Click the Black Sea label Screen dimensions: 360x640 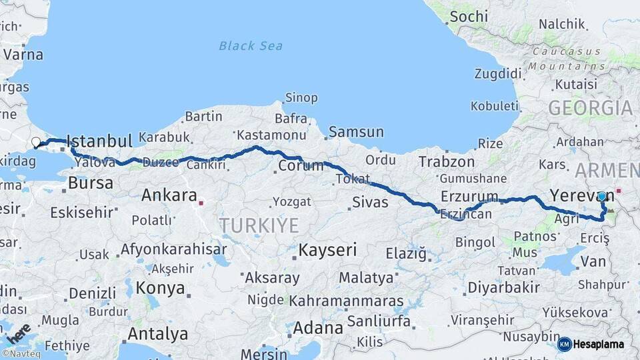click(x=251, y=46)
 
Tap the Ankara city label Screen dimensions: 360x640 click(x=169, y=196)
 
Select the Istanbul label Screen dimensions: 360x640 click(x=100, y=141)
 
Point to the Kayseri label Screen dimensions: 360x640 click(x=327, y=251)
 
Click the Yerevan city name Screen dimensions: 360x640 click(x=572, y=195)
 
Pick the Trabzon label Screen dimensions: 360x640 click(x=447, y=162)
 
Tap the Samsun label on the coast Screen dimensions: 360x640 click(x=356, y=132)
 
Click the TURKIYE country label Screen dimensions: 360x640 click(x=260, y=226)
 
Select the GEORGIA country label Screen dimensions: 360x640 click(x=590, y=108)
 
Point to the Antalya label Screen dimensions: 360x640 click(x=158, y=333)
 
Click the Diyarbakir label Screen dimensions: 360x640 click(x=503, y=288)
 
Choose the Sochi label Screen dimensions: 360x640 click(x=468, y=17)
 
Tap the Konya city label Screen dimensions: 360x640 click(x=160, y=288)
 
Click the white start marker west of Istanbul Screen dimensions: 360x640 click(x=36, y=142)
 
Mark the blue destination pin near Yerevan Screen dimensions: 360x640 click(x=602, y=197)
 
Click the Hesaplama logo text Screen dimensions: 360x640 click(x=598, y=345)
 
